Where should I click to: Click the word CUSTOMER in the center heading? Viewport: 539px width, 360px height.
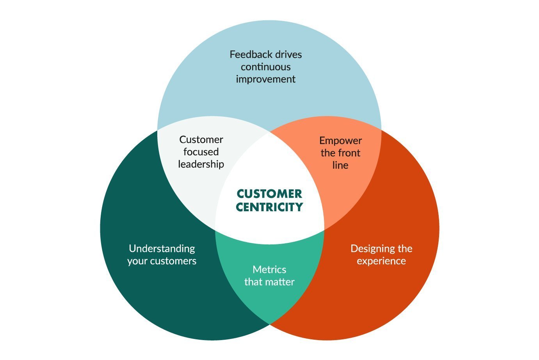coord(269,194)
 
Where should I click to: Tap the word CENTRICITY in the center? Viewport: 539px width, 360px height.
coord(269,207)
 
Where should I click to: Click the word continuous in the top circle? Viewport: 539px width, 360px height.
coord(266,67)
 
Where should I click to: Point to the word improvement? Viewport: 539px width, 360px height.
coord(266,79)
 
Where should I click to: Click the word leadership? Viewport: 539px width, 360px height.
coord(201,164)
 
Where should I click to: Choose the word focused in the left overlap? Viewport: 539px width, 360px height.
coord(201,152)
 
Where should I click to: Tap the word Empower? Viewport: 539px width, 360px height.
coord(340,141)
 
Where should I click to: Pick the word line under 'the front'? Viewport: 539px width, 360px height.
coord(340,165)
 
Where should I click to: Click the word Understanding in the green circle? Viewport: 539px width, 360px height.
coord(162,249)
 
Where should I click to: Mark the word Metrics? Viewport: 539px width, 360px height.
coord(269,269)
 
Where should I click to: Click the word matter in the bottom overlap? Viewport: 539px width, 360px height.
coord(280,282)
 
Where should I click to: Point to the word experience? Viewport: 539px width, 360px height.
coord(381,261)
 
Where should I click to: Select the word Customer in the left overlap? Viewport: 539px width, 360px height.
coord(201,139)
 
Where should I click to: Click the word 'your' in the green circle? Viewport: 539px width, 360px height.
coord(137,261)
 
